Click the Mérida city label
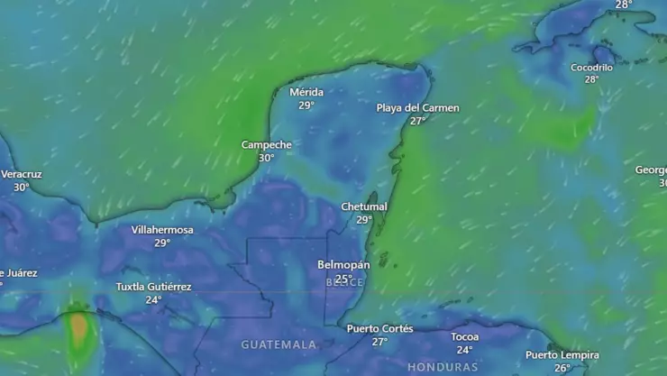[x=306, y=92]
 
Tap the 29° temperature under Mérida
[x=306, y=105]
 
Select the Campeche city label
[x=267, y=144]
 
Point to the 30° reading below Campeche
[x=267, y=158]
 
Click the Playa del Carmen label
[x=417, y=108]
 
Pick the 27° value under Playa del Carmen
[x=417, y=121]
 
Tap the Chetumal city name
[x=364, y=206]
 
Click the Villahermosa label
[x=162, y=230]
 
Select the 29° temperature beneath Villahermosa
[x=162, y=243]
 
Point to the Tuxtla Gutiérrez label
[x=154, y=287]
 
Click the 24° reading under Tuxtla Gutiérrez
[x=154, y=300]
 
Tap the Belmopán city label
[x=343, y=265]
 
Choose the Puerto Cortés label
[x=379, y=328]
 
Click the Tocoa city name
[x=465, y=337]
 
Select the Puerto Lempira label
[x=562, y=354]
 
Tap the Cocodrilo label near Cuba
[x=591, y=68]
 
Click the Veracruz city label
[x=22, y=174]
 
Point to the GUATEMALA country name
[x=279, y=344]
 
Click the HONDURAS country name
[x=443, y=367]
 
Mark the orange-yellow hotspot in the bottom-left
[x=78, y=327]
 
